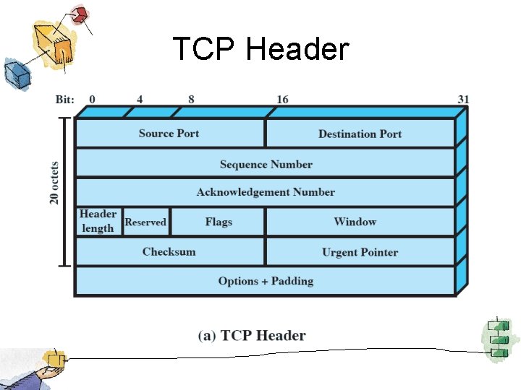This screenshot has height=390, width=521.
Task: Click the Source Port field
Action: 169,134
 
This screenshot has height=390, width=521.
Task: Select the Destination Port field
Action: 360,134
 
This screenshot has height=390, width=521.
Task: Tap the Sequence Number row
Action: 266,164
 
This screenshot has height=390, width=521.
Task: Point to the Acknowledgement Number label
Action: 266,192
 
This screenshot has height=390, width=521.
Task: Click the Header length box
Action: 98,221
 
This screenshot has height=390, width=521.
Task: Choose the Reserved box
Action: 145,222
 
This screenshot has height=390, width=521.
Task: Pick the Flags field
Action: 218,222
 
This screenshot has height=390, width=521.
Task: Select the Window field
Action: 355,222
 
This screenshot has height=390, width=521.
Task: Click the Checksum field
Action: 169,251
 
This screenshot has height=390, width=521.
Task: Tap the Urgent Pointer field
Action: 360,252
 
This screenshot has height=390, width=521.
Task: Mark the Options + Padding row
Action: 266,281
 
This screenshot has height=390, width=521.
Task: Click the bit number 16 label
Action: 281,99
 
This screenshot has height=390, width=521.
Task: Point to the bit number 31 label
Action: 464,99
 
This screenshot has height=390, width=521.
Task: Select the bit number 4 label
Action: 139,99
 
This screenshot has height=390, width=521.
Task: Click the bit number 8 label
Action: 191,99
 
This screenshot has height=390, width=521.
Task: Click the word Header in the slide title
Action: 297,50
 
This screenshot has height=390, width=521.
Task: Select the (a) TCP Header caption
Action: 252,335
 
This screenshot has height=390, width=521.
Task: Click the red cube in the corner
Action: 79,14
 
